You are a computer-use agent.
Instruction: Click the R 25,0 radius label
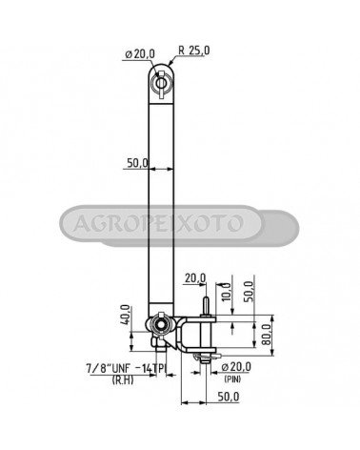194,51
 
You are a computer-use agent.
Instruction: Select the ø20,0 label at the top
140,54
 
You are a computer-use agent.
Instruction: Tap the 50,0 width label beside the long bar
137,163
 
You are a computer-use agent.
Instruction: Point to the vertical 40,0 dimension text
125,315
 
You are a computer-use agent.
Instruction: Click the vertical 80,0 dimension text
268,334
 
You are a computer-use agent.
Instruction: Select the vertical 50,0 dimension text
249,291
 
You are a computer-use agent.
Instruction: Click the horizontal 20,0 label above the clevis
195,278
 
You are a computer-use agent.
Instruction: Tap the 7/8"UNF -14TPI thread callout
127,368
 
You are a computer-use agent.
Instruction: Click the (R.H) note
123,379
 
